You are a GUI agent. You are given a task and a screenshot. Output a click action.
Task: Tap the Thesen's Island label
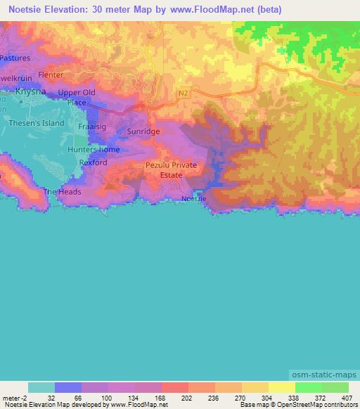(x=36, y=123)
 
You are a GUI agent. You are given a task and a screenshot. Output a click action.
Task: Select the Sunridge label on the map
(x=143, y=131)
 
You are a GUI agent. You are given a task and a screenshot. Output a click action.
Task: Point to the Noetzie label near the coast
(x=194, y=199)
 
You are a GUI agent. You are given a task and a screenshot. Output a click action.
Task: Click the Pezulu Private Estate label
(x=171, y=169)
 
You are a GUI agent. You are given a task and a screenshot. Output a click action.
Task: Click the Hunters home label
(x=94, y=150)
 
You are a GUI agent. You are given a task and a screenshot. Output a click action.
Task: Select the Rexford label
(x=94, y=162)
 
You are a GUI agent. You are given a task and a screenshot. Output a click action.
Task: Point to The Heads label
(x=63, y=192)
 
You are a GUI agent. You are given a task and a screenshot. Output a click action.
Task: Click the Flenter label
(x=51, y=74)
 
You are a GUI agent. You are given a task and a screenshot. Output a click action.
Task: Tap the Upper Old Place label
(x=77, y=97)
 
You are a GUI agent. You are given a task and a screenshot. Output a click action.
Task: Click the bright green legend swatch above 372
(x=308, y=387)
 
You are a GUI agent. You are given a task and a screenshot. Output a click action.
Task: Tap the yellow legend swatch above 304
(x=255, y=387)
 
